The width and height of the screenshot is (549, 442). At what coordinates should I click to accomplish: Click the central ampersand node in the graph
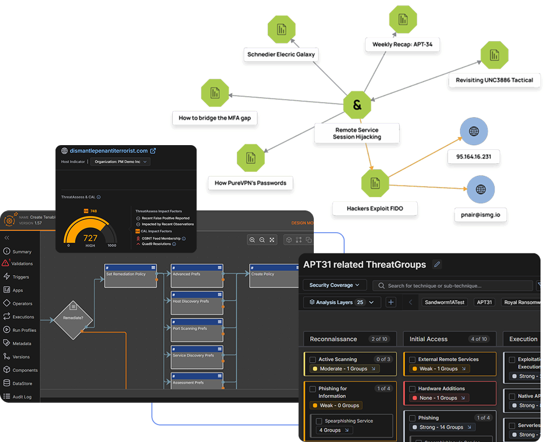357,106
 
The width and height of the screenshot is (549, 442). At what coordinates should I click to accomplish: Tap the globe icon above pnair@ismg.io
480,189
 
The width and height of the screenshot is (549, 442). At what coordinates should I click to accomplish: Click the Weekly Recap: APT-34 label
402,45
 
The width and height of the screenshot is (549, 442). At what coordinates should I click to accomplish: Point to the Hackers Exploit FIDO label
375,209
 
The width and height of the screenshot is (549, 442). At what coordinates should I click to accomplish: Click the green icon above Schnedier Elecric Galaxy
281,29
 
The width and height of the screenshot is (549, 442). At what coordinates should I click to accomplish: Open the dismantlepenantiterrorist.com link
109,151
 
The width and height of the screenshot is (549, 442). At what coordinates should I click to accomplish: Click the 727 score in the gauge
90,238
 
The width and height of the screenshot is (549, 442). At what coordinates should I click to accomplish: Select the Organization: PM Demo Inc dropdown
120,161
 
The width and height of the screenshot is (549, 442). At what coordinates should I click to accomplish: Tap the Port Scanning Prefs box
197,330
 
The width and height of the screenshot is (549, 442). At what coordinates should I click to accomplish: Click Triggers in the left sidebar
21,277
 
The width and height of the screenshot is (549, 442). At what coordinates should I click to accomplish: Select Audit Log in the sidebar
22,397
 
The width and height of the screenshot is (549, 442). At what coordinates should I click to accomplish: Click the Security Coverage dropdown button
334,285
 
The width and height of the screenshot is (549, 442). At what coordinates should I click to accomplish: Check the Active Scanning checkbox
312,360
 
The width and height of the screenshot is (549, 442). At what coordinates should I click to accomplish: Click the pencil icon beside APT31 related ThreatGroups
437,264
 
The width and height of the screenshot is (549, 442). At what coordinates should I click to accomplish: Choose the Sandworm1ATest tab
444,302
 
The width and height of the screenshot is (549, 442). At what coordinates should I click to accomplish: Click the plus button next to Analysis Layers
391,302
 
